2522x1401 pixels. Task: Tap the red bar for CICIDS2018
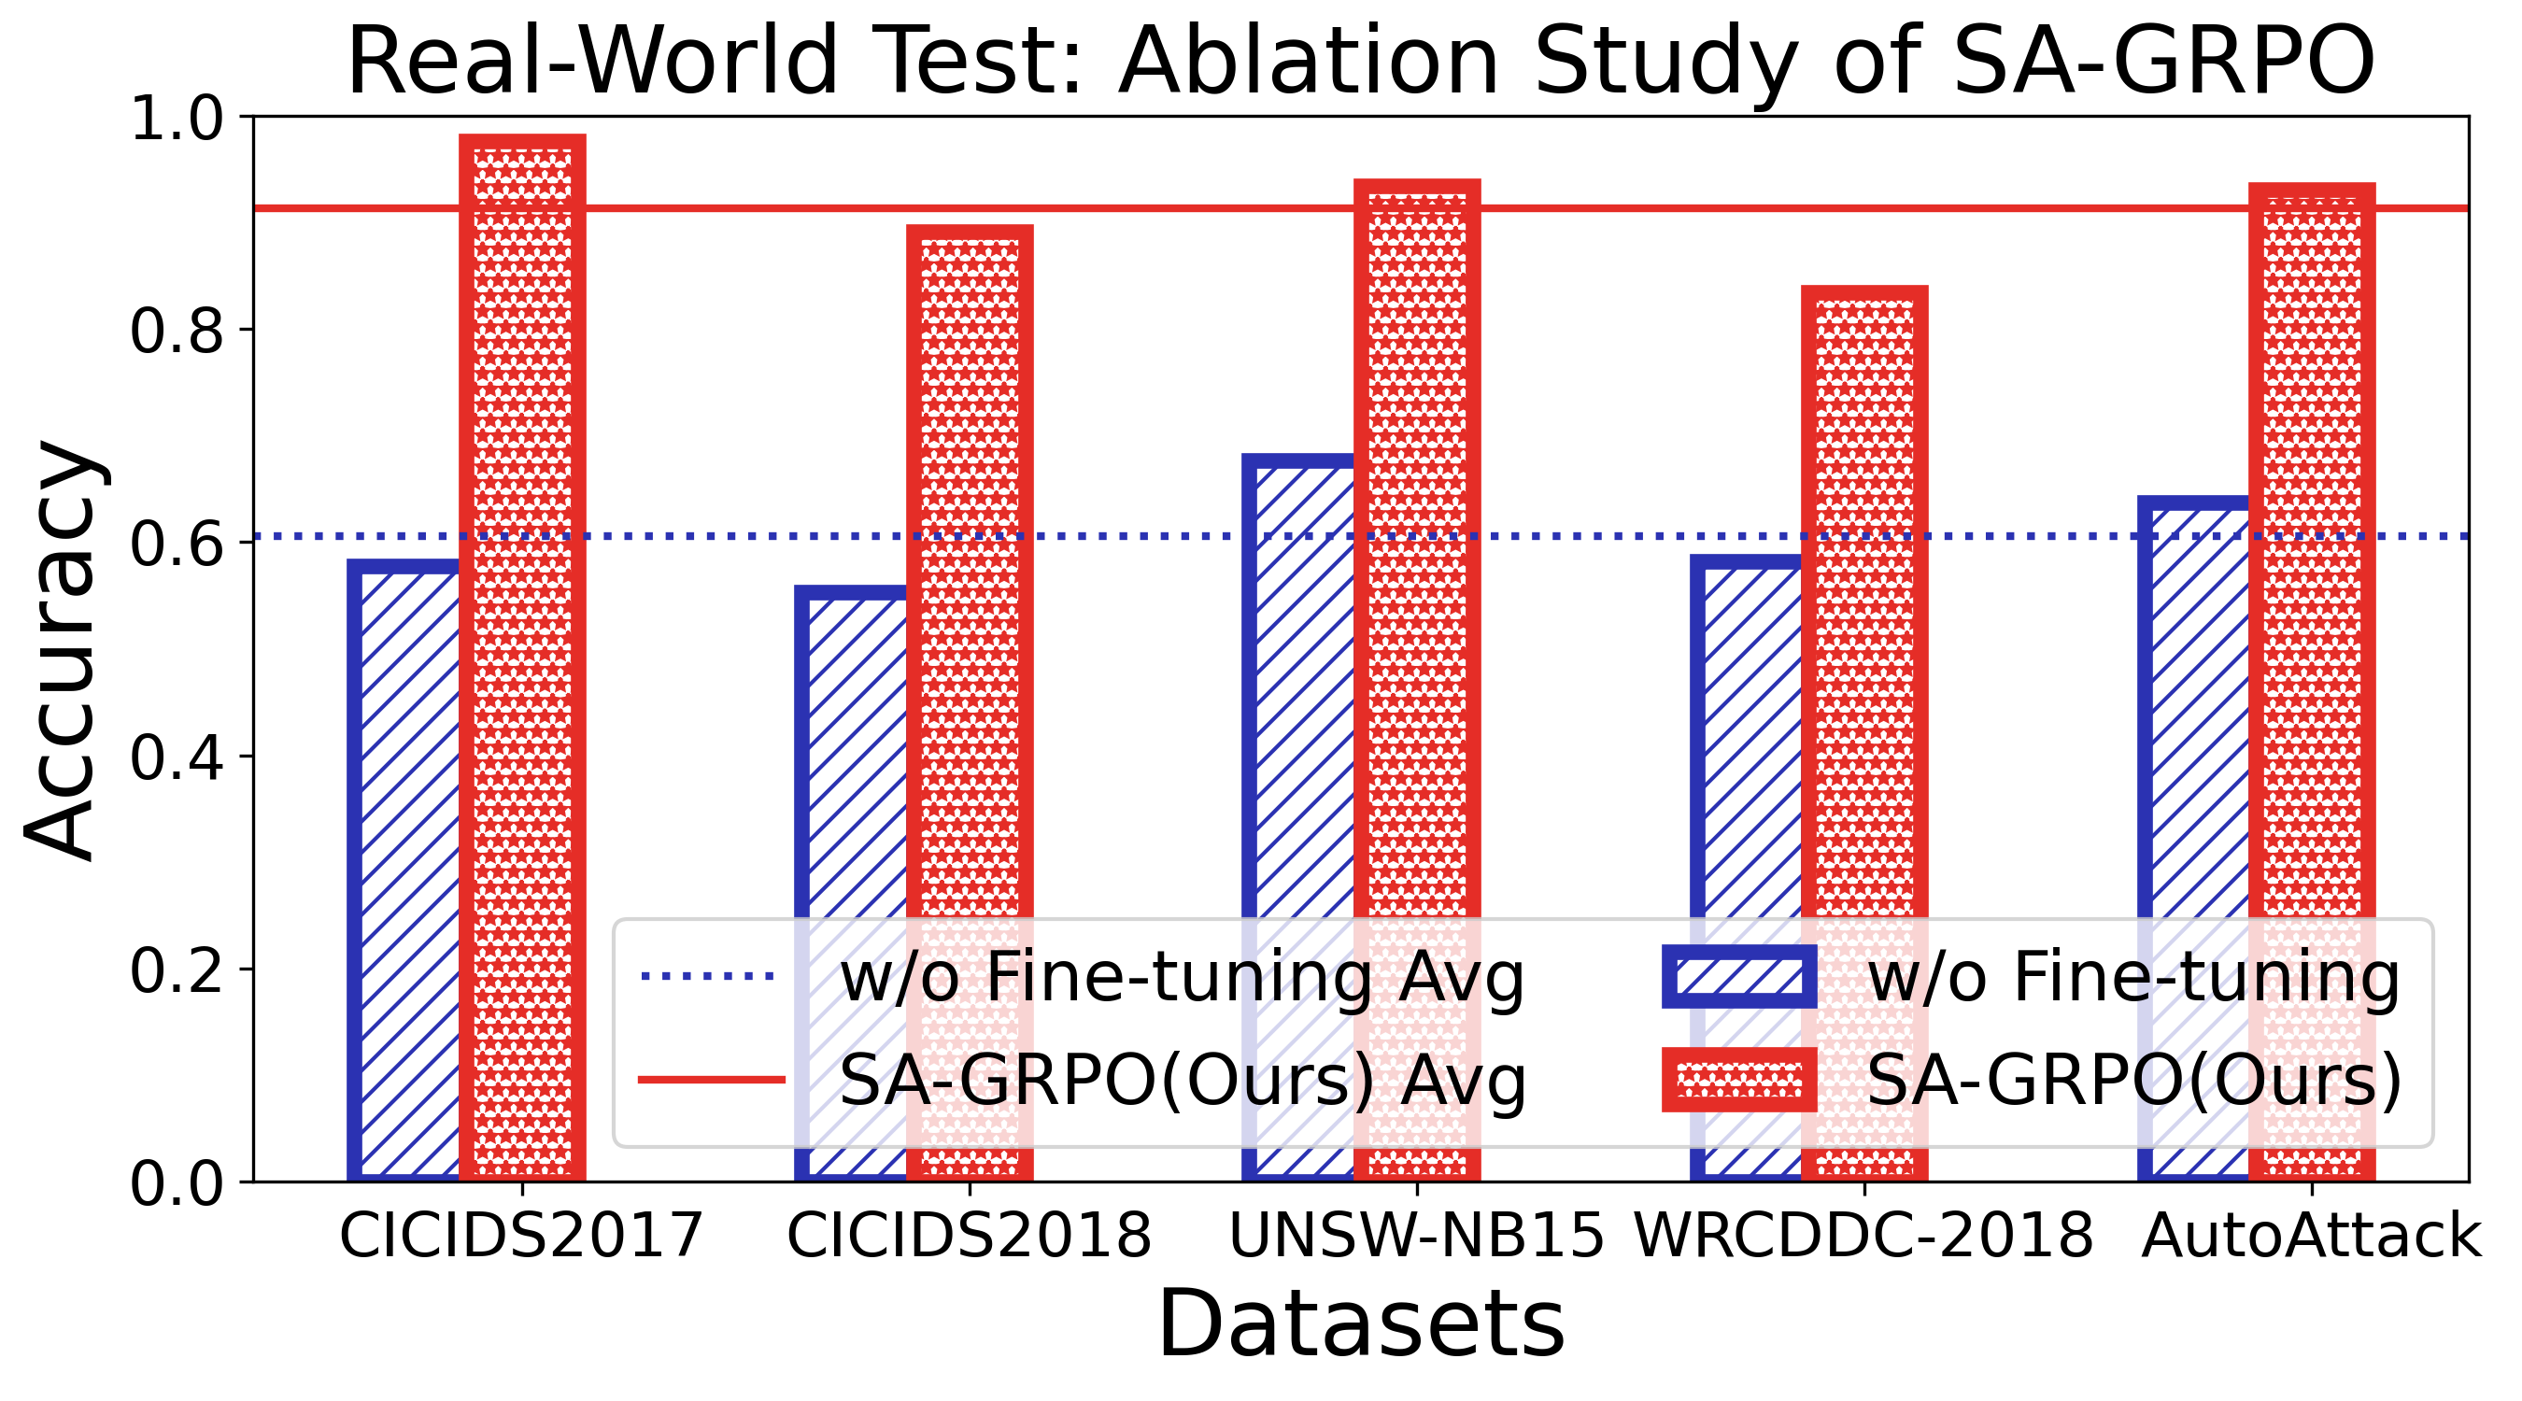click(970, 587)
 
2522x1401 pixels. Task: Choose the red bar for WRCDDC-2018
click(1864, 607)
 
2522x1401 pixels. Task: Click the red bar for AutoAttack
click(2312, 548)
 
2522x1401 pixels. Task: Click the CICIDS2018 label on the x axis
click(970, 1236)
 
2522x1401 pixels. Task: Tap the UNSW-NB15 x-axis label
click(1416, 1236)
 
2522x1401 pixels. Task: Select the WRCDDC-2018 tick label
click(1864, 1236)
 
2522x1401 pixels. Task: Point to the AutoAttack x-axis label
click(2312, 1236)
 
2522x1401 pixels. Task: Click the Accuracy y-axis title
click(61, 650)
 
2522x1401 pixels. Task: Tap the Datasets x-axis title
click(1361, 1323)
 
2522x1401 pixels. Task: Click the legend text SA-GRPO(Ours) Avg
click(1183, 1081)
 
